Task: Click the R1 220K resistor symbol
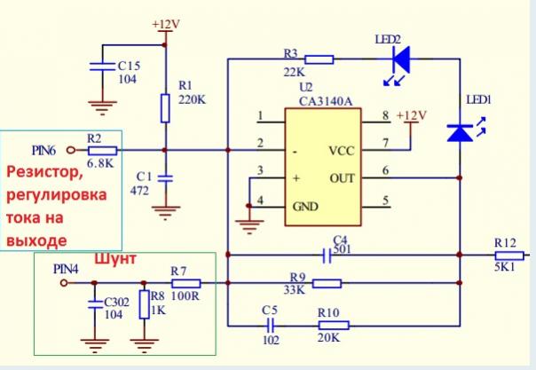pos(166,108)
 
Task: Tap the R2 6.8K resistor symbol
pos(102,150)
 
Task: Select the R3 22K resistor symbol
pos(319,59)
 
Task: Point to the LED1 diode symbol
pos(460,132)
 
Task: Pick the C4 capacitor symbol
pos(328,256)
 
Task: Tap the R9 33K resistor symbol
pos(327,284)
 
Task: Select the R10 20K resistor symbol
pos(336,325)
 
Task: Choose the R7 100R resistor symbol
pos(185,284)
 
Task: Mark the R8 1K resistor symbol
pos(143,307)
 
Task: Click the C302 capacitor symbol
pos(95,303)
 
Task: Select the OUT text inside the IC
pos(341,177)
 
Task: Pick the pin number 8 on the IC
pos(384,116)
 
